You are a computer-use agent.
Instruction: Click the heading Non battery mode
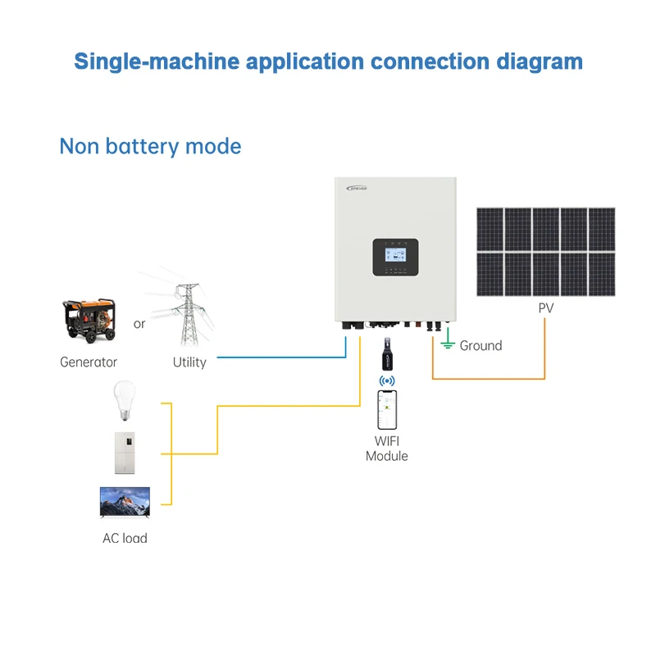pyautogui.click(x=150, y=147)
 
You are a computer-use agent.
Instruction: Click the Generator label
pyautogui.click(x=89, y=362)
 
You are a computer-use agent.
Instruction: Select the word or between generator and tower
pyautogui.click(x=139, y=324)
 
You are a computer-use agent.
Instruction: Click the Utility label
pyautogui.click(x=189, y=362)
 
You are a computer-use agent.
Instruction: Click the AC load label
pyautogui.click(x=125, y=539)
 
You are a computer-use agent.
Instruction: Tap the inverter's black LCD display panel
pyautogui.click(x=395, y=257)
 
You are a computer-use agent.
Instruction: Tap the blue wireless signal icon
pyautogui.click(x=386, y=381)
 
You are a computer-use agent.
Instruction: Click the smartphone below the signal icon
pyautogui.click(x=386, y=410)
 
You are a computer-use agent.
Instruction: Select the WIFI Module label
pyautogui.click(x=386, y=449)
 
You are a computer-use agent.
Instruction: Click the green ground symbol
pyautogui.click(x=447, y=343)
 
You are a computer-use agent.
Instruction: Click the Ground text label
pyautogui.click(x=481, y=346)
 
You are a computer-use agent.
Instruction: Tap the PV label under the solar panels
pyautogui.click(x=545, y=309)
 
